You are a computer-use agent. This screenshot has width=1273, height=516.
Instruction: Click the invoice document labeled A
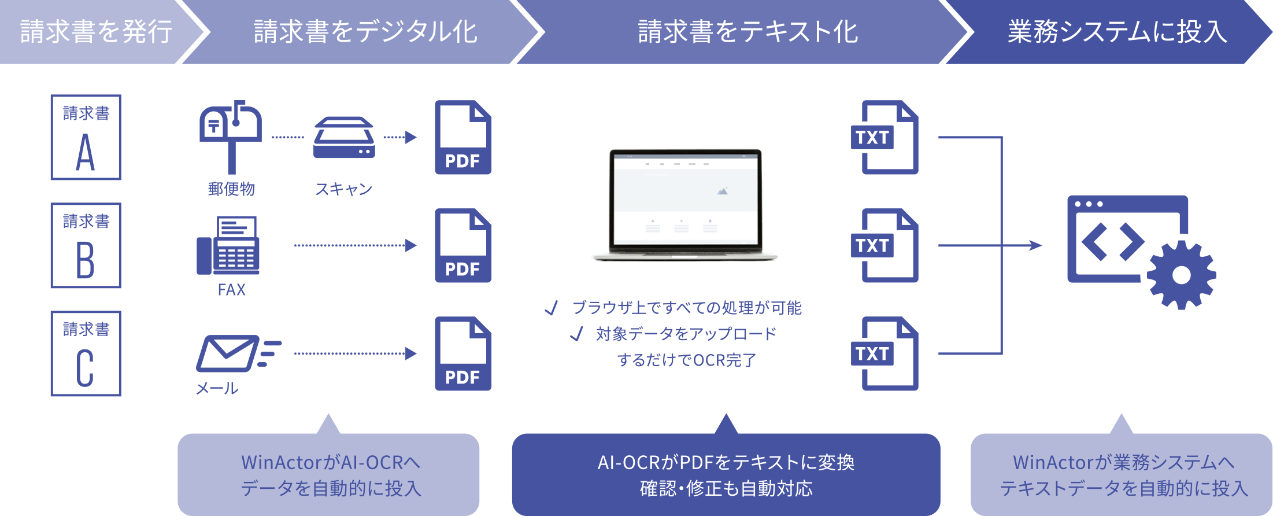[86, 138]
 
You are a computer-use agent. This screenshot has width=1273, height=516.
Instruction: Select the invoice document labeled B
[86, 246]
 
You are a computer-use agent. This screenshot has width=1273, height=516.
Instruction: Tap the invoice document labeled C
[86, 354]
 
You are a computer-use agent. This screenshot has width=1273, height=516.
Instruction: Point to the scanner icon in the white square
[344, 138]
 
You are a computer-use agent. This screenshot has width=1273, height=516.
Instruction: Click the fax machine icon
[228, 245]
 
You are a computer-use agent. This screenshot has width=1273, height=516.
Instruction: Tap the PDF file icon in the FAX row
[463, 246]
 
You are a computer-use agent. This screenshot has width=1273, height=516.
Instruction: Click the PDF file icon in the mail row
[463, 354]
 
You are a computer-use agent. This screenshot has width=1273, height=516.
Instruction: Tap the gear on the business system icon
[1181, 275]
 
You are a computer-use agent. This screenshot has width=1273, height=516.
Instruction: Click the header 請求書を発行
[96, 31]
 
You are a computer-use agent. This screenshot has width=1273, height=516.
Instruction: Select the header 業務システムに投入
[1117, 31]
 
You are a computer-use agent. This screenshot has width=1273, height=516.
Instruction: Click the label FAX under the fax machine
[232, 290]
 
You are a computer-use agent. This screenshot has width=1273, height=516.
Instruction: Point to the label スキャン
[344, 189]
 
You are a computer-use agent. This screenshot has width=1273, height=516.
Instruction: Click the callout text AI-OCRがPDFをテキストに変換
[726, 462]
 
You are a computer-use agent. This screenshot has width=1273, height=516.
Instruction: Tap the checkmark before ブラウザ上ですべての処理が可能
[552, 308]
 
